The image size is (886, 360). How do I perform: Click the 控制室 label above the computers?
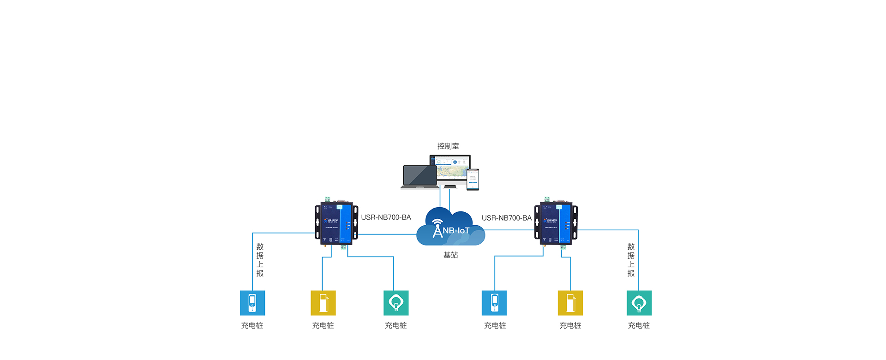(x=448, y=146)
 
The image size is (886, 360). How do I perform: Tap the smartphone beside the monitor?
(x=473, y=179)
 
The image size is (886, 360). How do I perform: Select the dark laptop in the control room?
(x=419, y=176)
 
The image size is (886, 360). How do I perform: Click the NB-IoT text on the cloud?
(x=456, y=230)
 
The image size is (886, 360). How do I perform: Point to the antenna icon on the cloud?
(x=437, y=228)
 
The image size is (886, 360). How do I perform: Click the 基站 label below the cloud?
(x=450, y=255)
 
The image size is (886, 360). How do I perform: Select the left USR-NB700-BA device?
(x=336, y=222)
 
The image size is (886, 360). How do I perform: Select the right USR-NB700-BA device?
(x=556, y=222)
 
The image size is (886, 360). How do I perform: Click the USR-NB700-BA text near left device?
(x=386, y=217)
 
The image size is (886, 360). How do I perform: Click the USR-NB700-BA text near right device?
(x=507, y=218)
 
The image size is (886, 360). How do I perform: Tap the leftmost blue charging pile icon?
(x=252, y=303)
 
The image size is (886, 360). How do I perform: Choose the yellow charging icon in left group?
(x=323, y=303)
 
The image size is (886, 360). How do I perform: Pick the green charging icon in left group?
(x=396, y=303)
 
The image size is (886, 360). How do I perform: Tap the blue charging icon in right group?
(x=494, y=303)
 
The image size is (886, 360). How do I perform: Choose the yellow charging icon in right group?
(x=570, y=303)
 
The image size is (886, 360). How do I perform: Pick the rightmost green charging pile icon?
(x=639, y=303)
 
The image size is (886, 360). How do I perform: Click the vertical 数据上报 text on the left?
(x=260, y=260)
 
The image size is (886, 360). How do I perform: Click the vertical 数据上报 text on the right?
(x=631, y=260)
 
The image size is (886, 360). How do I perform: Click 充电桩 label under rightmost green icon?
(x=639, y=325)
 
